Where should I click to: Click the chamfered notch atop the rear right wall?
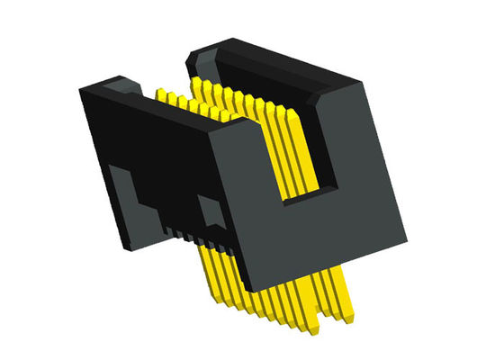point(201,58)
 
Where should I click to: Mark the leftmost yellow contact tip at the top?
point(161,93)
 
